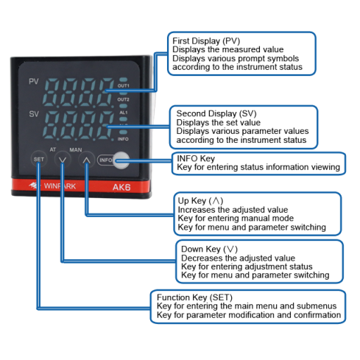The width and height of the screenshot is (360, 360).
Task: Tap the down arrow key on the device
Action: (x=62, y=159)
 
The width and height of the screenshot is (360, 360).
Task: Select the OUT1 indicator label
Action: (x=123, y=86)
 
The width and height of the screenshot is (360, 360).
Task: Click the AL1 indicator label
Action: (x=123, y=112)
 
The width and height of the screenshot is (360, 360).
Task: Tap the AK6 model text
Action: (x=121, y=186)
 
